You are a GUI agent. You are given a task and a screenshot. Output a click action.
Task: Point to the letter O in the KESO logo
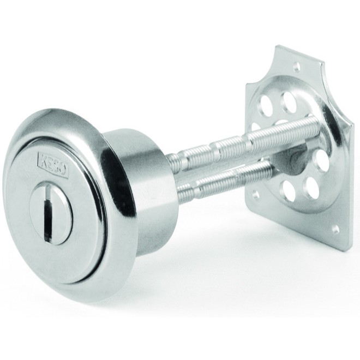(63, 170)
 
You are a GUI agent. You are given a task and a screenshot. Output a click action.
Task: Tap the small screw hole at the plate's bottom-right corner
(336, 229)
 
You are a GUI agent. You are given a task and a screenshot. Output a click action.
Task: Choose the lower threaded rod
(225, 182)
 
